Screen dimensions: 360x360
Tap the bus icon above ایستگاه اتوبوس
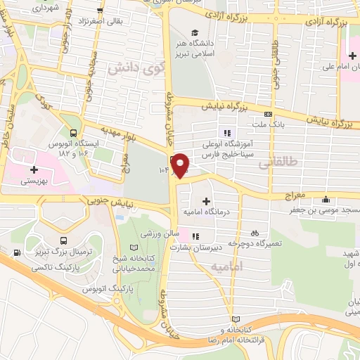click(x=74, y=131)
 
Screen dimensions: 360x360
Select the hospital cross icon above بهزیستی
click(x=34, y=170)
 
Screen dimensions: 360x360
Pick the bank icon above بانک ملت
click(x=267, y=115)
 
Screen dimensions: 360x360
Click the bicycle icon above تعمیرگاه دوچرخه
click(x=255, y=232)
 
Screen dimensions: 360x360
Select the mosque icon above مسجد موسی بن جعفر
click(x=324, y=200)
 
